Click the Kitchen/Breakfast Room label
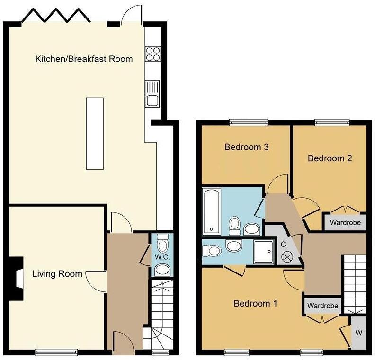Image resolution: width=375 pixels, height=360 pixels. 84,59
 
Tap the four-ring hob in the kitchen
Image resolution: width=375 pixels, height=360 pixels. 152,54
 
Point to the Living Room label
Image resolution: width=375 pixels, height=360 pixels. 57,273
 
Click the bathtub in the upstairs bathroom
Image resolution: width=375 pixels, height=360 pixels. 211,211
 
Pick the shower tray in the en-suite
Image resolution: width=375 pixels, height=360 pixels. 263,251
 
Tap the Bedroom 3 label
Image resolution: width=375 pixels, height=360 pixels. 247,147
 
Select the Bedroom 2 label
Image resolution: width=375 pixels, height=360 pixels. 330,158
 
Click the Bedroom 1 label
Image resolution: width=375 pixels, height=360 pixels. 255,303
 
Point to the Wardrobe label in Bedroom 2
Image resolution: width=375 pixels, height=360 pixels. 345,222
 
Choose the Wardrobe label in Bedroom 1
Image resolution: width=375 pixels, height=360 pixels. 322,306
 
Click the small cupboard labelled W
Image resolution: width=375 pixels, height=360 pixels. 358,333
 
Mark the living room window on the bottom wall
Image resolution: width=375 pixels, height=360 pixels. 57,351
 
